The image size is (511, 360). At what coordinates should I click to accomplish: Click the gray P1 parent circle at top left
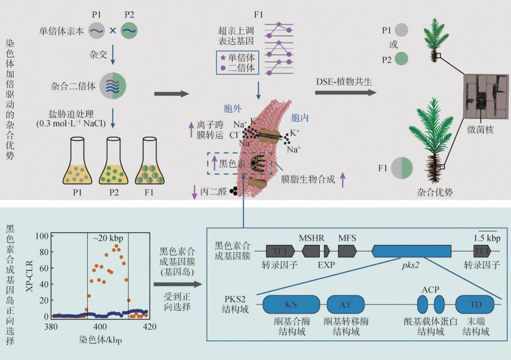(x=96, y=31)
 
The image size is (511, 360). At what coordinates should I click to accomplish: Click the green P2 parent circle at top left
(x=129, y=31)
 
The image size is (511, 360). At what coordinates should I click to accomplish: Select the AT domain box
(x=345, y=305)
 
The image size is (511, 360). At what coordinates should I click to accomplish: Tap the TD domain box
(x=476, y=305)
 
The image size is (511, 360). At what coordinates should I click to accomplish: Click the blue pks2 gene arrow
(x=412, y=250)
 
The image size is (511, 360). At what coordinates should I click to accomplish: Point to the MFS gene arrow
(x=347, y=250)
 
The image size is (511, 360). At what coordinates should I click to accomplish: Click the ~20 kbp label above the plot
(x=107, y=237)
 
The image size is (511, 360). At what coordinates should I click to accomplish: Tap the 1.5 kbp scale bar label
(x=487, y=237)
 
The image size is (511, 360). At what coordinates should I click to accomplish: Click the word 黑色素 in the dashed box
(x=231, y=163)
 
